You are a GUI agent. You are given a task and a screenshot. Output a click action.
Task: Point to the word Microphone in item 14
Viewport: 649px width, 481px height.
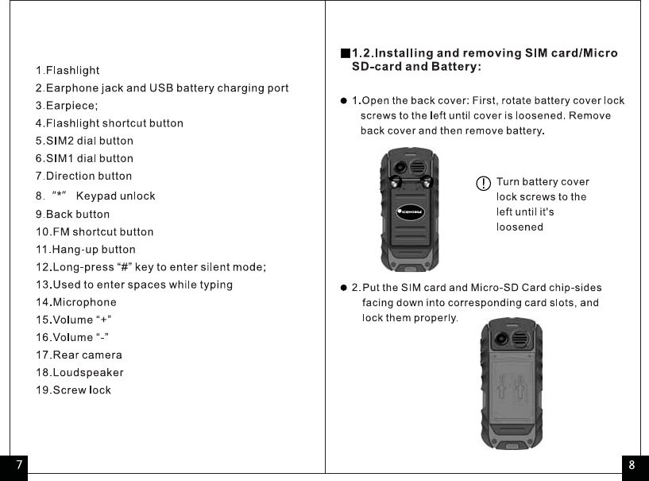85,302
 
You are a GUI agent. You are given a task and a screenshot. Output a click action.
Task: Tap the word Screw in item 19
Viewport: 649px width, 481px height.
69,390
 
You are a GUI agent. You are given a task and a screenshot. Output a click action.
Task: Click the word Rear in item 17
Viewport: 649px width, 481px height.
66,355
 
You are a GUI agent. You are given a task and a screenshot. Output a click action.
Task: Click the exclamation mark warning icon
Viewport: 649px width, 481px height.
482,184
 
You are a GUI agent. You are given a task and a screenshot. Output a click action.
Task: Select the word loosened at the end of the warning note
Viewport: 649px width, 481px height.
520,227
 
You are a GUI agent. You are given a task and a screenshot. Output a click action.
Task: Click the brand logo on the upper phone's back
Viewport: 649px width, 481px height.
411,211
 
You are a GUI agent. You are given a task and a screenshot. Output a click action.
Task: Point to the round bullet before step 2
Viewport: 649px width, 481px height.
343,287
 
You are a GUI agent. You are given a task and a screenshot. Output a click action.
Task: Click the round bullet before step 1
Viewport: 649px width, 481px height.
343,101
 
